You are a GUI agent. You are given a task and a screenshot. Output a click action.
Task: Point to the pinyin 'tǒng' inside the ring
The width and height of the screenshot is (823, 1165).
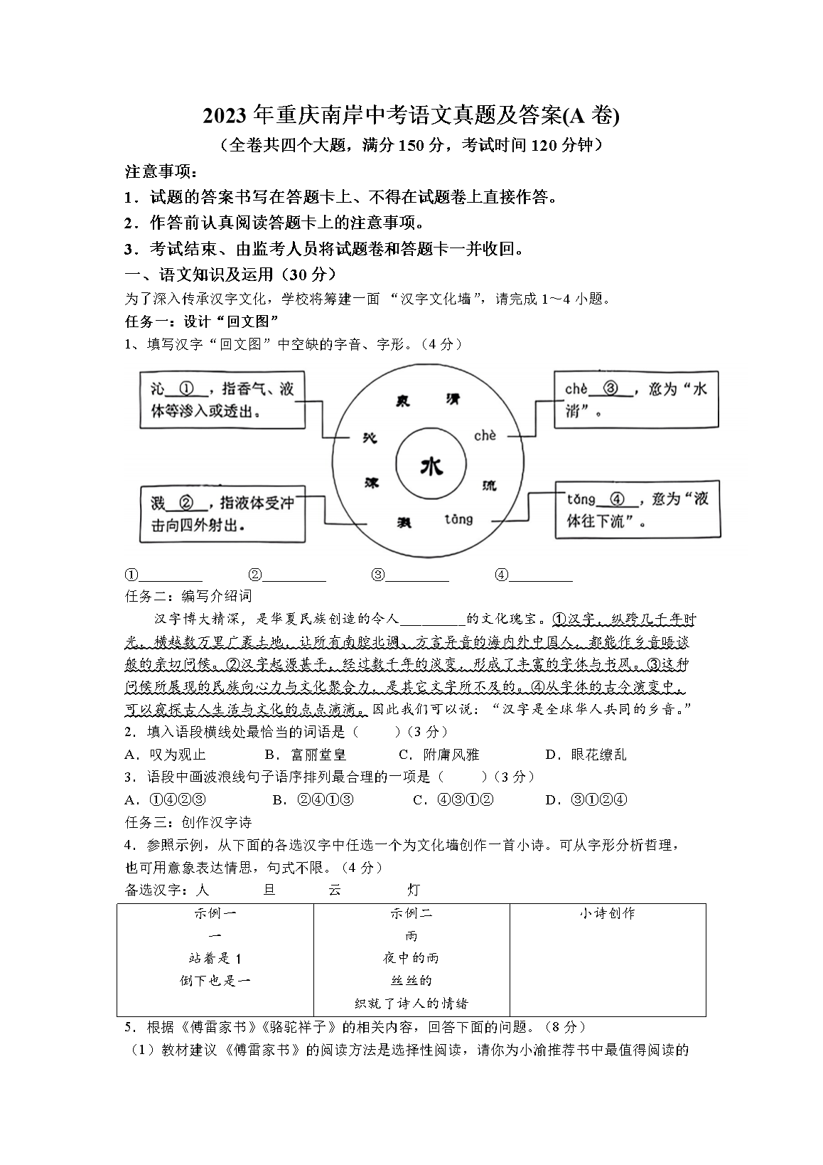pyautogui.click(x=458, y=519)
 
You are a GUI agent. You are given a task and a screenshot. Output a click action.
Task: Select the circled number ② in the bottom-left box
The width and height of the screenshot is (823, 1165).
pyautogui.click(x=186, y=503)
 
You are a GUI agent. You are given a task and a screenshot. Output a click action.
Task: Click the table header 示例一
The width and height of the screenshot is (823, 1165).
pyautogui.click(x=215, y=913)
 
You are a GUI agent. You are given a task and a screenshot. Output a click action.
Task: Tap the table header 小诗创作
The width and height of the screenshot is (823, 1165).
pyautogui.click(x=607, y=913)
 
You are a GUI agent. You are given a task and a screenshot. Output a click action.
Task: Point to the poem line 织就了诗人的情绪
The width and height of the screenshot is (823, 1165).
pyautogui.click(x=411, y=1004)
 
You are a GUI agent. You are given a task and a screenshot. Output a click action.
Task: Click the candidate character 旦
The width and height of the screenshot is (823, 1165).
pyautogui.click(x=269, y=890)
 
